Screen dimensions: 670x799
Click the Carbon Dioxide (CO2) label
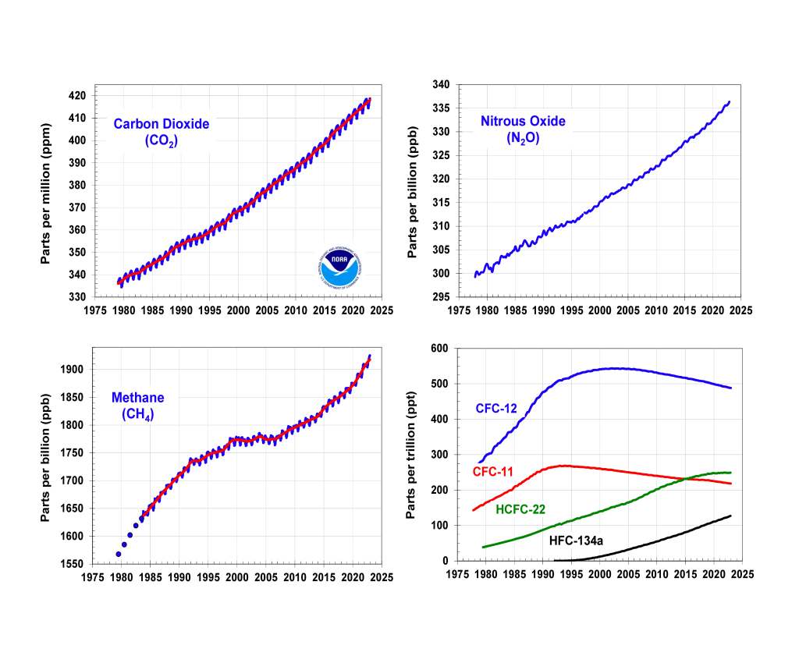tap(161, 132)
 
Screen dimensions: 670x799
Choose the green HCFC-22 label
tap(520, 510)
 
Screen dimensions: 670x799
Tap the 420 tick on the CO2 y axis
tap(78, 96)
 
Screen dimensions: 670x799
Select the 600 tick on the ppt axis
tap(439, 349)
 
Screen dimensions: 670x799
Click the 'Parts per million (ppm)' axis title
tap(48, 193)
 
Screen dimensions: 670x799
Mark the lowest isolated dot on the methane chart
tap(119, 554)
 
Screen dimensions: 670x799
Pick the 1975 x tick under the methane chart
tap(94, 578)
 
